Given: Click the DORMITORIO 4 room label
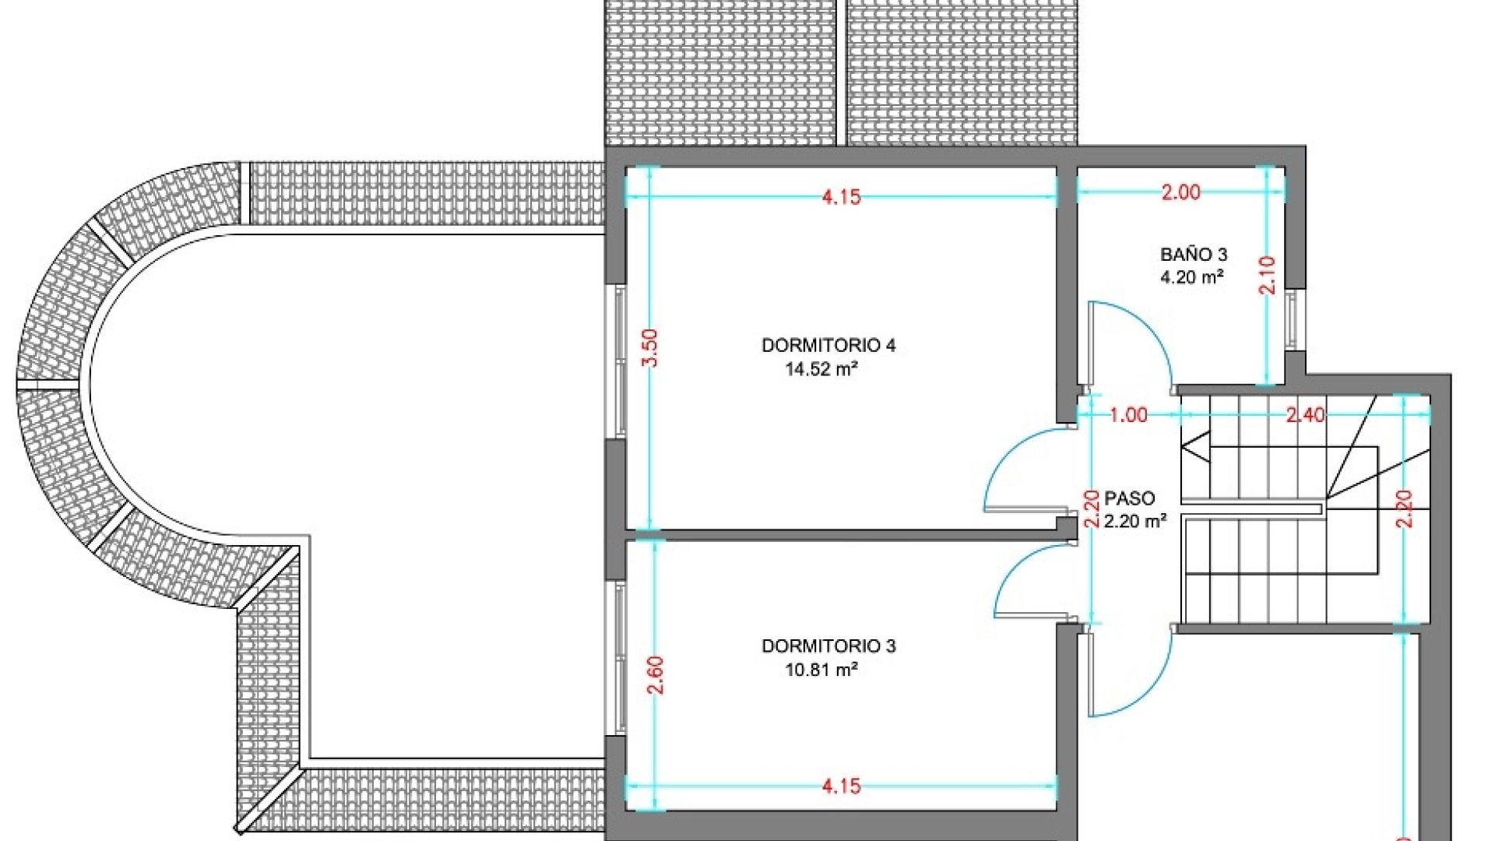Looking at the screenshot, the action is coord(828,345).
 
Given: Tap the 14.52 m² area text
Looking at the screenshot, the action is coord(821,369).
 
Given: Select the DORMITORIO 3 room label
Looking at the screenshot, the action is coord(828,646).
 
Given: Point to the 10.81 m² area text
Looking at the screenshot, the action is coord(821,670).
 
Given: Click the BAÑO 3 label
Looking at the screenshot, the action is coord(1194,254).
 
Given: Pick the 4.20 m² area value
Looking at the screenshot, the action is coord(1192,276).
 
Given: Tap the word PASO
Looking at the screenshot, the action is coord(1130,498).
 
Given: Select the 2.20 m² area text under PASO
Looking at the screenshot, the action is coord(1135,521).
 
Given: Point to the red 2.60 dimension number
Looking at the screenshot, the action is coord(655,675).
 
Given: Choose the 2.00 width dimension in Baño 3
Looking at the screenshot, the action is coord(1181,192).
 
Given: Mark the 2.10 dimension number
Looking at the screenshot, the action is coord(1268,275).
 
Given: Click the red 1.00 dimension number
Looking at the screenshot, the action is coord(1128,415).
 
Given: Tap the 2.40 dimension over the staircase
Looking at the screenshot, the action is coord(1305,415).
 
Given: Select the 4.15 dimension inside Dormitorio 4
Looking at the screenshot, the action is coord(842,197).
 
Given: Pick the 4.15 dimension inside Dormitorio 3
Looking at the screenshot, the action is coord(842,786).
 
